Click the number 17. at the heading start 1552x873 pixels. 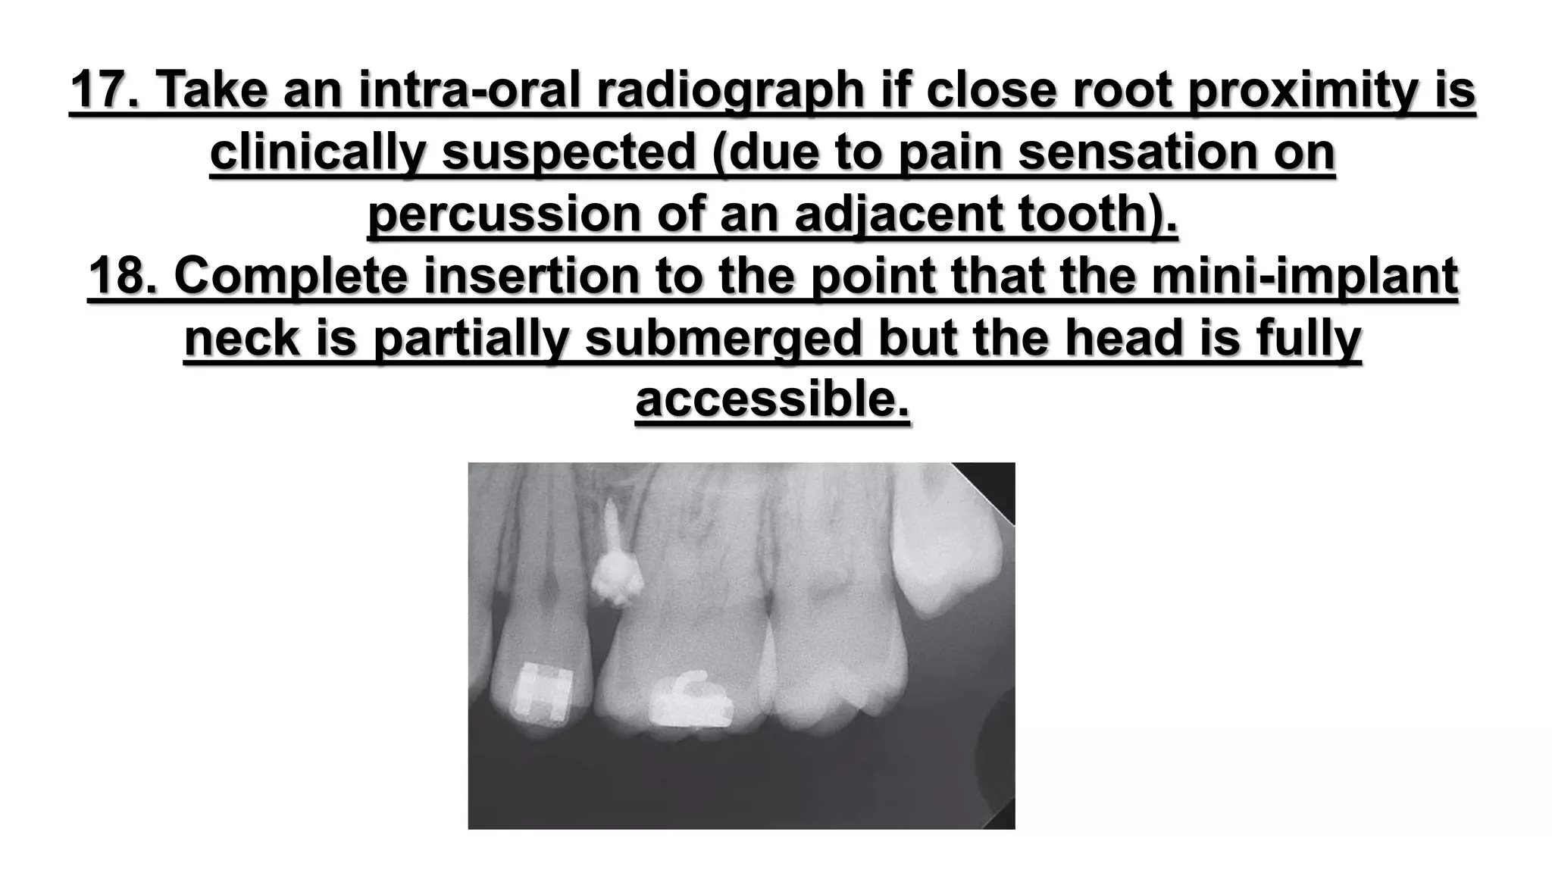coord(106,89)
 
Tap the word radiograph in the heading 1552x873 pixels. coord(730,89)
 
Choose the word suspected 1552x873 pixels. coord(568,152)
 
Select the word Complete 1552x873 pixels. coord(292,276)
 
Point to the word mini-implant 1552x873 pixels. coord(1304,276)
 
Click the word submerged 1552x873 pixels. coord(724,338)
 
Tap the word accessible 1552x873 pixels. coord(772,400)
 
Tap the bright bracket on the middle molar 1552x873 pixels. coord(690,700)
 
